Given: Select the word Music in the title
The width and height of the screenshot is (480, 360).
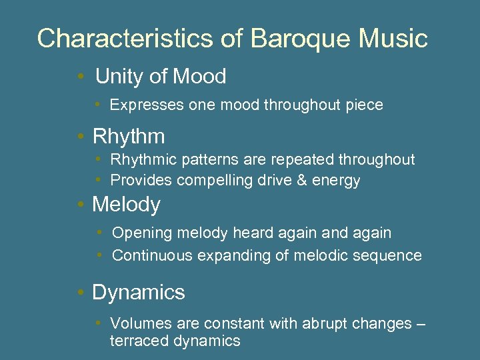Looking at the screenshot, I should [x=393, y=39].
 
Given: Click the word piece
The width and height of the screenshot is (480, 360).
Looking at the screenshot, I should [x=365, y=105].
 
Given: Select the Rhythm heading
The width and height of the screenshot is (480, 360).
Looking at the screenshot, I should [x=129, y=137].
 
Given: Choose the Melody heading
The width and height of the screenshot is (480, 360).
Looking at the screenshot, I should [x=126, y=205].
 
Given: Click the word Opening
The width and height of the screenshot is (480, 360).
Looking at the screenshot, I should [x=137, y=233].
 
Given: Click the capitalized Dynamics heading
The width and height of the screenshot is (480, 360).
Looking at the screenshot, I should [x=138, y=293].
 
